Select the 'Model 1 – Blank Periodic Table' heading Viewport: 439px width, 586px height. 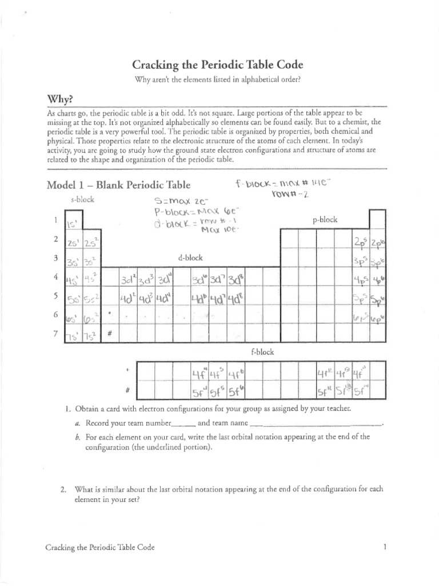[118, 185]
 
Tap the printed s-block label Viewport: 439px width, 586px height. [82, 200]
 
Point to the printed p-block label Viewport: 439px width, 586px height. [325, 219]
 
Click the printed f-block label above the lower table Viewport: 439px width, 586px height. [262, 352]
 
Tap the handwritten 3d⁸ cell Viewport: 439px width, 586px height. [235, 280]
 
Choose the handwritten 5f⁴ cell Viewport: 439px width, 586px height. [198, 394]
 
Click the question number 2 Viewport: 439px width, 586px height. [65, 489]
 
